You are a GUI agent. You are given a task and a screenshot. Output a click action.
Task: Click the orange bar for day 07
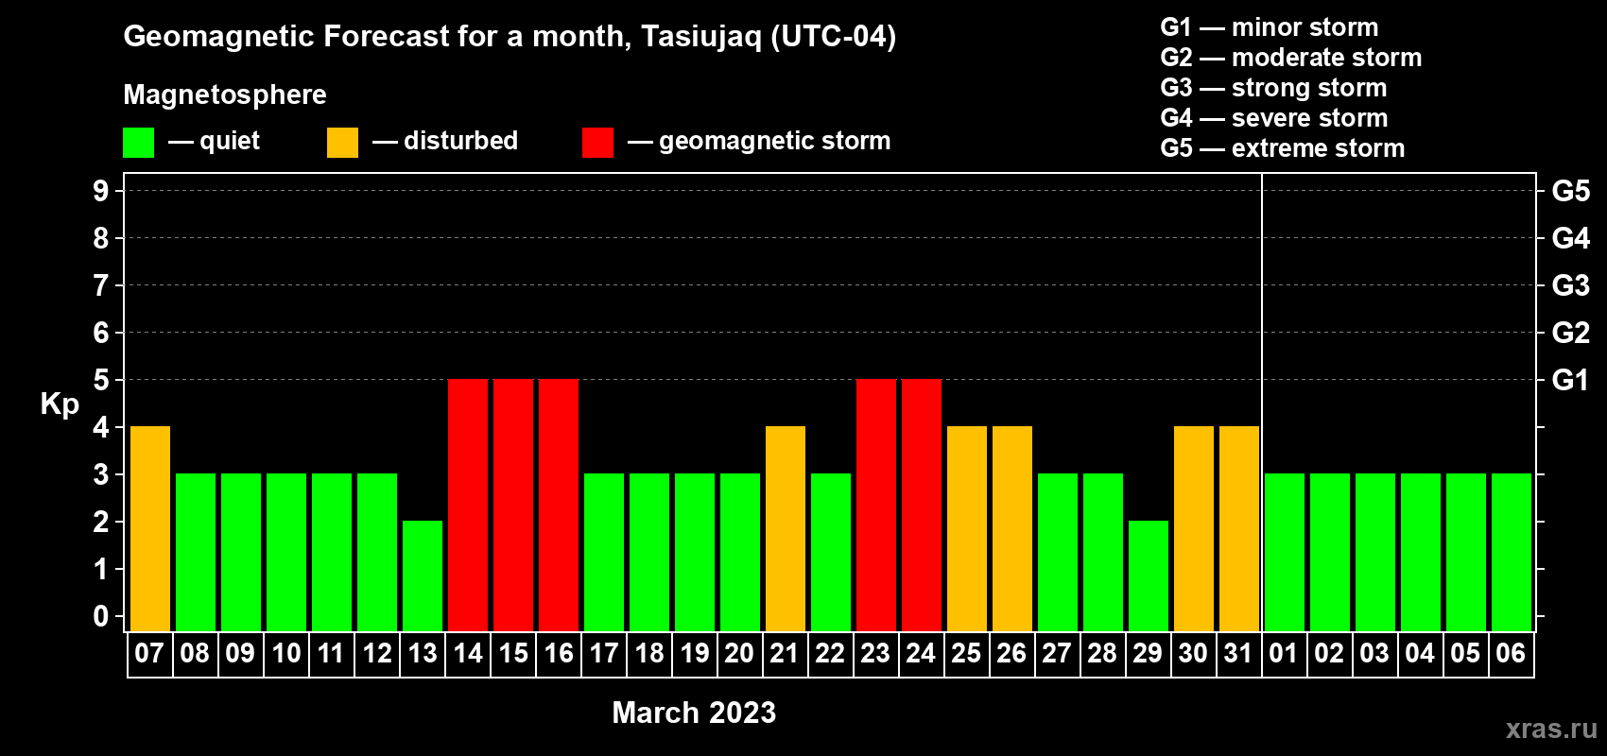(150, 528)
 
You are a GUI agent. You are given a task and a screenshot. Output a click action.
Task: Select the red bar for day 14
(468, 505)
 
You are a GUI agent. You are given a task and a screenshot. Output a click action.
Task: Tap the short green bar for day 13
(423, 576)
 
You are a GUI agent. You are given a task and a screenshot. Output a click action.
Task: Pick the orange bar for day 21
(786, 528)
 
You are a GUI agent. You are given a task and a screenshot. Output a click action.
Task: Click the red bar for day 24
(922, 505)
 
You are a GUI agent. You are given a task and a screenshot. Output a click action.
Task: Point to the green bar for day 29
(1149, 576)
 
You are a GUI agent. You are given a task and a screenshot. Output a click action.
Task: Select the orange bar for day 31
(1239, 528)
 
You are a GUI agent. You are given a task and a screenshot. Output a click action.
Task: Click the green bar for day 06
(1512, 552)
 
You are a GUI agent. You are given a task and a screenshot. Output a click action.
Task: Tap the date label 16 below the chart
(559, 653)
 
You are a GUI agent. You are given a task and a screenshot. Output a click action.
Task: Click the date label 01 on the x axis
(1284, 653)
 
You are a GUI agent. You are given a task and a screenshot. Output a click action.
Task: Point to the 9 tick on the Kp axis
(100, 191)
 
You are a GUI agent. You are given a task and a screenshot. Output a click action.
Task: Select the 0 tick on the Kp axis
(100, 616)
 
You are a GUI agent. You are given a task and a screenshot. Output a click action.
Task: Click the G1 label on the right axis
(1570, 380)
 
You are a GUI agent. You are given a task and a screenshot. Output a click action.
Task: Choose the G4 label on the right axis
(1570, 238)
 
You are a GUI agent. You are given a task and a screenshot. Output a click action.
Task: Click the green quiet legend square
(138, 142)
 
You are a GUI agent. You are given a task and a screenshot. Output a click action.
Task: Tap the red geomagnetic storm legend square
(598, 142)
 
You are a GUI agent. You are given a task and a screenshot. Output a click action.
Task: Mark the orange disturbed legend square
(342, 142)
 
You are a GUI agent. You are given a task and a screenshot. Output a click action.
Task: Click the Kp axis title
(60, 404)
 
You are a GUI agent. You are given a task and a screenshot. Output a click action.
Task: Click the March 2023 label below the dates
(694, 713)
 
